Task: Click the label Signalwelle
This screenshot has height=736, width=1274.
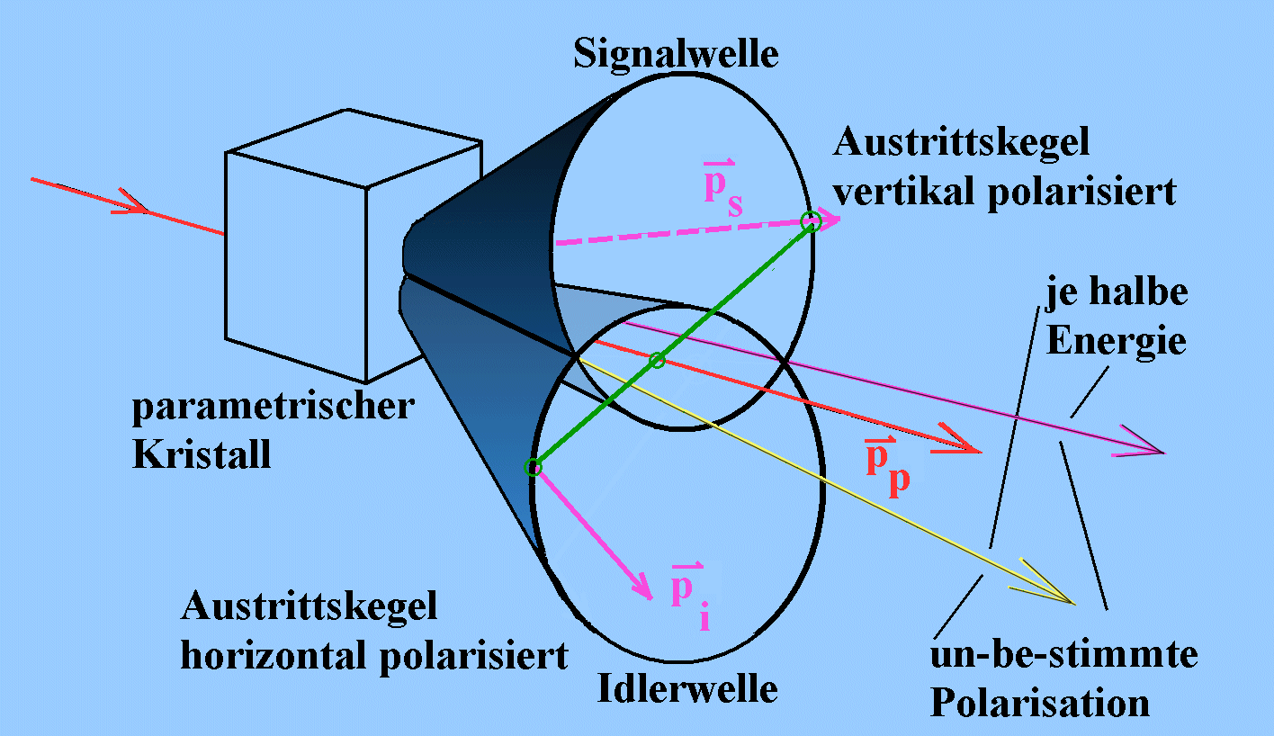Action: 677,55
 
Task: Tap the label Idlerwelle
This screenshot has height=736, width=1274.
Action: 687,689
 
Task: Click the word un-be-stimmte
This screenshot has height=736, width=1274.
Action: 1064,655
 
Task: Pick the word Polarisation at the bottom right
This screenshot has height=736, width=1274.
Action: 1040,702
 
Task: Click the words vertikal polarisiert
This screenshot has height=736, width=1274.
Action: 1005,192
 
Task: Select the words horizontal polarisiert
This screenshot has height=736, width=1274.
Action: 374,654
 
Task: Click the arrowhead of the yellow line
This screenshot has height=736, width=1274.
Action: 1063,596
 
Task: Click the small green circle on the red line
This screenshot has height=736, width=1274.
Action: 657,360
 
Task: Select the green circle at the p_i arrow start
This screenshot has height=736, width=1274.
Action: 533,466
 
